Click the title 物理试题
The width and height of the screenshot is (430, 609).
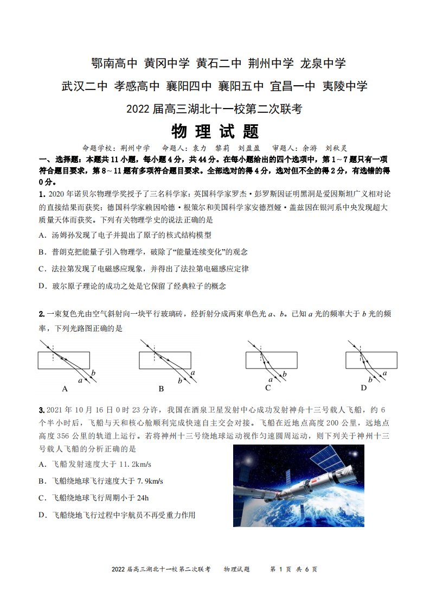215,131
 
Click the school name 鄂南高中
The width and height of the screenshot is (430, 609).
114,63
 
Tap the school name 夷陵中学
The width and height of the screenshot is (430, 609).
345,86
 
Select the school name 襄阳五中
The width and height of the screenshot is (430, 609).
241,86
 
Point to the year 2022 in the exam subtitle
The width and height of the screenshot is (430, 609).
138,109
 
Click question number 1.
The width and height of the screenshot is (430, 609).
42,194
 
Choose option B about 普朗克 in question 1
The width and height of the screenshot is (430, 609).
143,252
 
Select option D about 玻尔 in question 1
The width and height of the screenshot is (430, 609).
132,286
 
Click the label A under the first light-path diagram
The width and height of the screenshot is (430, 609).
65,389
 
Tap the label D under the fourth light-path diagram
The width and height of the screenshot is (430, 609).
364,388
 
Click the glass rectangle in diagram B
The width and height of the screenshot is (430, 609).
165,360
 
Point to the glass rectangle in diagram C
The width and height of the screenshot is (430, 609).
271,360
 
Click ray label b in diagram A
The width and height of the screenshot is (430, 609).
93,373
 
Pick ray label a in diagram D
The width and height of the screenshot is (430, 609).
384,373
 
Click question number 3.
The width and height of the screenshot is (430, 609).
42,410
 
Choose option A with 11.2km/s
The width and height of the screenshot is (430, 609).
95,464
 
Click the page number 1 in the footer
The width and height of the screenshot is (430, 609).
280,569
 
